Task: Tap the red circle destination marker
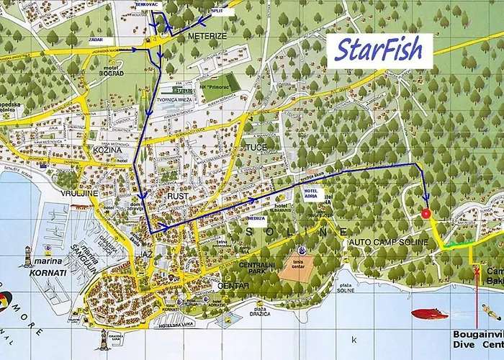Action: [426, 213]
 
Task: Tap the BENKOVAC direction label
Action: [145, 4]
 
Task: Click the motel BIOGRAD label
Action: [109, 73]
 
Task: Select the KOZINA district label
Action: [104, 150]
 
